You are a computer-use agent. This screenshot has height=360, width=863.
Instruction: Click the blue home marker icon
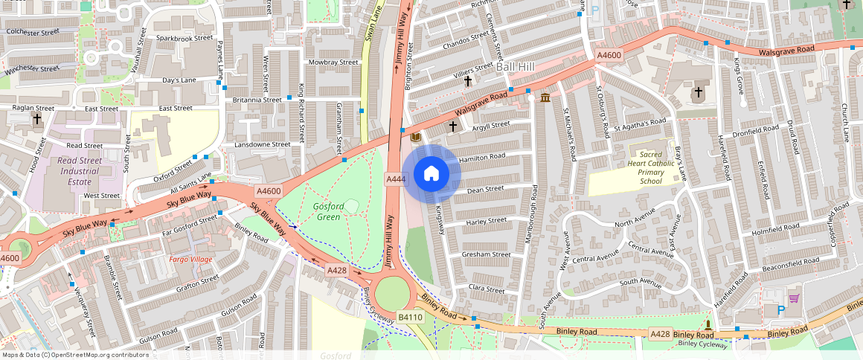431,174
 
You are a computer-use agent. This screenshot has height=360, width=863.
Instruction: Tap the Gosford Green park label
328,211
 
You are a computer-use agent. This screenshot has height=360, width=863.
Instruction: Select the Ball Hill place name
516,67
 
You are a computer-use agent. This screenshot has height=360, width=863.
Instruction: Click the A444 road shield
395,179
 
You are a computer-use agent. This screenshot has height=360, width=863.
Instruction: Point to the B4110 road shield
410,317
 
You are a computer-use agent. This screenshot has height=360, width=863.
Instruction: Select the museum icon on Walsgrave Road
545,98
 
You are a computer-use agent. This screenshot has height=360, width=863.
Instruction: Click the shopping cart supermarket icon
794,298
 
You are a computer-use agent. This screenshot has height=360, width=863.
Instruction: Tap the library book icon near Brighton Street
415,138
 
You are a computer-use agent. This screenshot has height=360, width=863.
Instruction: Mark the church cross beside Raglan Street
37,119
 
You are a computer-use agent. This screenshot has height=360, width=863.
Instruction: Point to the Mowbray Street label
333,62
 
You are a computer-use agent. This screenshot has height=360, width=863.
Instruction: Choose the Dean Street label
486,190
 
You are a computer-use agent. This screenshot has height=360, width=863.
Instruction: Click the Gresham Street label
486,254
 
